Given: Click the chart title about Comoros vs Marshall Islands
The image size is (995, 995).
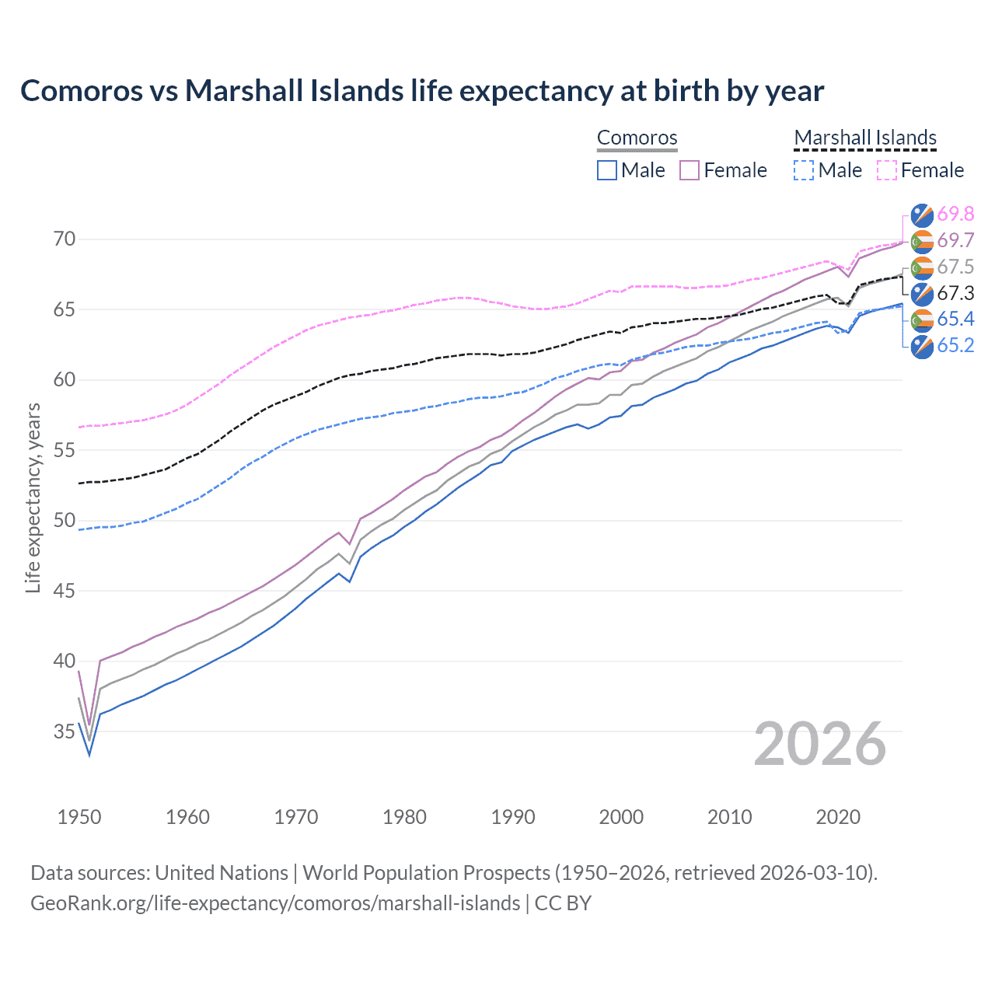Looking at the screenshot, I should [421, 91].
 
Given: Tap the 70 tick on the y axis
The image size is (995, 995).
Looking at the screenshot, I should [65, 239].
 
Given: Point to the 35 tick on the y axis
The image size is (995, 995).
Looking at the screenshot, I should [65, 731].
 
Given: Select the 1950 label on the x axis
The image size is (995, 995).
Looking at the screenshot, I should [79, 817].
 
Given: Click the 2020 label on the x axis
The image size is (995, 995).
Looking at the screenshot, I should [838, 817].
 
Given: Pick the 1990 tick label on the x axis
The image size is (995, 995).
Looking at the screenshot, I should [513, 817].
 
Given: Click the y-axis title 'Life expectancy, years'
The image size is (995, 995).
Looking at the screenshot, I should [33, 497].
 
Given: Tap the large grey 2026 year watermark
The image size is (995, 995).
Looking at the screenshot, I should [819, 744].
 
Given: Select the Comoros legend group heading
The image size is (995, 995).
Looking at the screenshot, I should [637, 138].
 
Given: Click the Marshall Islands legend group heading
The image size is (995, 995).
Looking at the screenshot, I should [865, 138].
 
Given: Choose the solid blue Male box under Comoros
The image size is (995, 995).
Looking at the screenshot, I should [607, 170].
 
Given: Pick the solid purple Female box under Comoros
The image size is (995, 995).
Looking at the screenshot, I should [690, 170].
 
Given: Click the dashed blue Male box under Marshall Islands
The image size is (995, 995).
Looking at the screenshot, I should [804, 170].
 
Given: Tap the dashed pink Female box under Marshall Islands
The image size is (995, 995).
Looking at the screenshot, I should [887, 170].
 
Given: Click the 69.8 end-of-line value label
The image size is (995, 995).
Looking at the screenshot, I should [955, 214].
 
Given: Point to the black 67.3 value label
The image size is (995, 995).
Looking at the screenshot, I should [955, 293].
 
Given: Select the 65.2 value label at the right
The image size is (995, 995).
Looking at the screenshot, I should [955, 345].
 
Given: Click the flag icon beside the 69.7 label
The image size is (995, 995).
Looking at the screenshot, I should [922, 241].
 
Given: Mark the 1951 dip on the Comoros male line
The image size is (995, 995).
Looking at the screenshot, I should [89, 755].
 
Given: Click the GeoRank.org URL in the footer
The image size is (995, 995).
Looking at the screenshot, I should [275, 903].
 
